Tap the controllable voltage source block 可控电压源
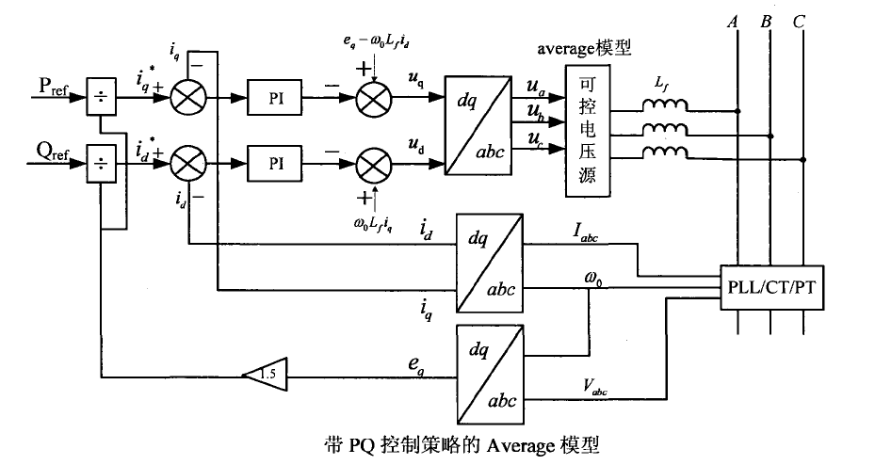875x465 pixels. pos(589,132)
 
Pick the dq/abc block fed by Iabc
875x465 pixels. pos(487,262)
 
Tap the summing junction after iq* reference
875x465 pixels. pos(190,97)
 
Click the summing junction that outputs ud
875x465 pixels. pos(376,163)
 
